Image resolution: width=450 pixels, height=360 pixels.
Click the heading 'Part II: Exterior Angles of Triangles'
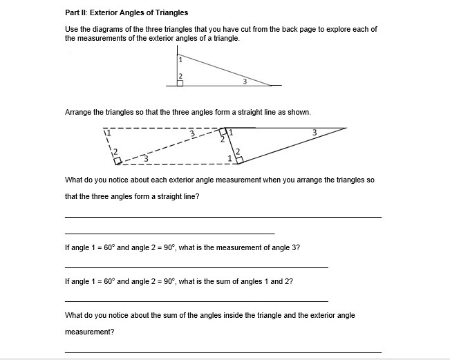pyautogui.click(x=126, y=13)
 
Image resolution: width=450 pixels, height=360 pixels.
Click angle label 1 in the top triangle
pyautogui.click(x=181, y=60)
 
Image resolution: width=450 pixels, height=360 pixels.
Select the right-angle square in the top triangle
pyautogui.click(x=180, y=83)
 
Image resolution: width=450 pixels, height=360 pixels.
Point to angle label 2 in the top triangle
pyautogui.click(x=181, y=75)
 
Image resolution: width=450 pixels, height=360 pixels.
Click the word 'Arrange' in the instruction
pyautogui.click(x=77, y=112)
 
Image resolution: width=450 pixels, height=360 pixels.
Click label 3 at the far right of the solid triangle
pyautogui.click(x=314, y=131)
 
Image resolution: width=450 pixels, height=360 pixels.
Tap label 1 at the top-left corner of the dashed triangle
pyautogui.click(x=106, y=131)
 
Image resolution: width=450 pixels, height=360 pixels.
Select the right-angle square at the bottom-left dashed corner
pyautogui.click(x=118, y=160)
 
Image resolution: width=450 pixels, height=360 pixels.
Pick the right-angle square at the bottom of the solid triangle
pyautogui.click(x=239, y=160)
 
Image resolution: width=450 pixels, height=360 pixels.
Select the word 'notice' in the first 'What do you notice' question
pyautogui.click(x=113, y=180)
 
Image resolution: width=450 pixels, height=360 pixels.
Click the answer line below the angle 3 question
pyautogui.click(x=196, y=267)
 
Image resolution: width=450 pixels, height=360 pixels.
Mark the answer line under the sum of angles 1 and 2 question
pyautogui.click(x=196, y=301)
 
